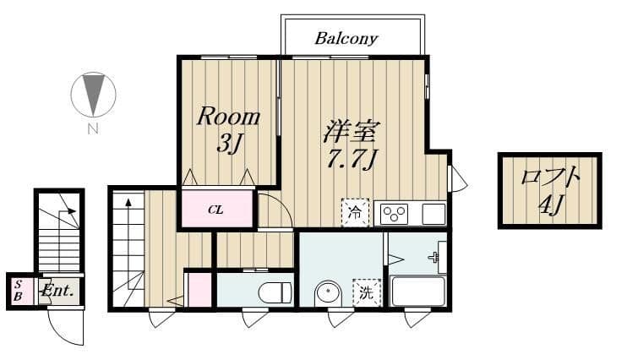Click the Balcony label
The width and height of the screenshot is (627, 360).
tap(346, 39)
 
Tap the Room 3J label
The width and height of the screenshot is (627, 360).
tap(228, 129)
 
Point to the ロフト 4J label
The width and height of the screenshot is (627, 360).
tap(550, 190)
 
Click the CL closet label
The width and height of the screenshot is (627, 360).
tap(215, 210)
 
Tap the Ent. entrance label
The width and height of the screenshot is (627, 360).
tap(58, 291)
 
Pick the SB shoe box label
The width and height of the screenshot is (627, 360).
tap(18, 291)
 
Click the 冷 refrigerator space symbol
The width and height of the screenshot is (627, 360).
tap(355, 212)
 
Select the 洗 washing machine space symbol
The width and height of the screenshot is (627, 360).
tap(366, 292)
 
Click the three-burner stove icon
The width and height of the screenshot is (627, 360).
tap(395, 215)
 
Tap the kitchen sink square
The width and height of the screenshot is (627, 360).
tap(433, 214)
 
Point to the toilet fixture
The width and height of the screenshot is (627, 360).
tap(275, 292)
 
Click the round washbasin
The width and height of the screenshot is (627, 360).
tap(329, 293)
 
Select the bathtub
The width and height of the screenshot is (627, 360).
tap(418, 291)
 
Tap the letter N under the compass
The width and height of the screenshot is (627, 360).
tap(93, 128)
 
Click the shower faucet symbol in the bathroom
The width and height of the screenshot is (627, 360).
tap(433, 257)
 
